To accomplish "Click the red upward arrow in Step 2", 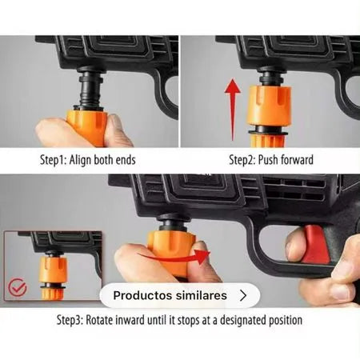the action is point(233,110).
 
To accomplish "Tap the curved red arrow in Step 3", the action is point(174,258).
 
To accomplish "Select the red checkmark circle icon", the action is point(17,288).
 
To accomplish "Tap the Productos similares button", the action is point(180,295).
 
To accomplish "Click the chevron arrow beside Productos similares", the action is point(243,295).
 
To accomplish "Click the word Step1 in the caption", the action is point(54,160).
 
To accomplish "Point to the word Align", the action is point(80,160).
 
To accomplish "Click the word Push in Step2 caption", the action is point(268,160).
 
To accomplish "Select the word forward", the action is point(297,160).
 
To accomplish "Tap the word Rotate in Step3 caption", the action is point(99,320).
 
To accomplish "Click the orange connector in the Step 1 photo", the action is point(86,127).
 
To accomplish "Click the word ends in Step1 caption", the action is point(126,160).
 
